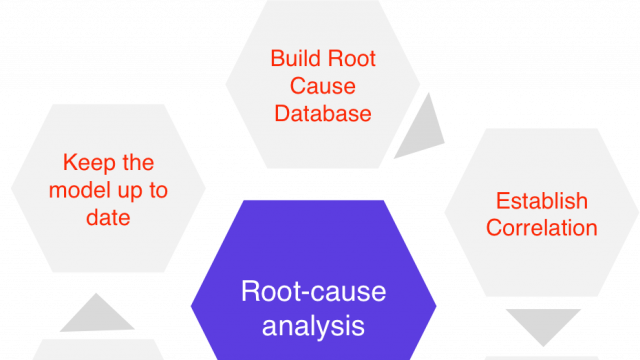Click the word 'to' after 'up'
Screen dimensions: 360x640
(158, 190)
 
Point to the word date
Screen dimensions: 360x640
(108, 217)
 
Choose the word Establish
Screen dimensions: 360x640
(541, 201)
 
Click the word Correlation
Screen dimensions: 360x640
(541, 228)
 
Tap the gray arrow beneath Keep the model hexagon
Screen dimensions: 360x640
(97, 315)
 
